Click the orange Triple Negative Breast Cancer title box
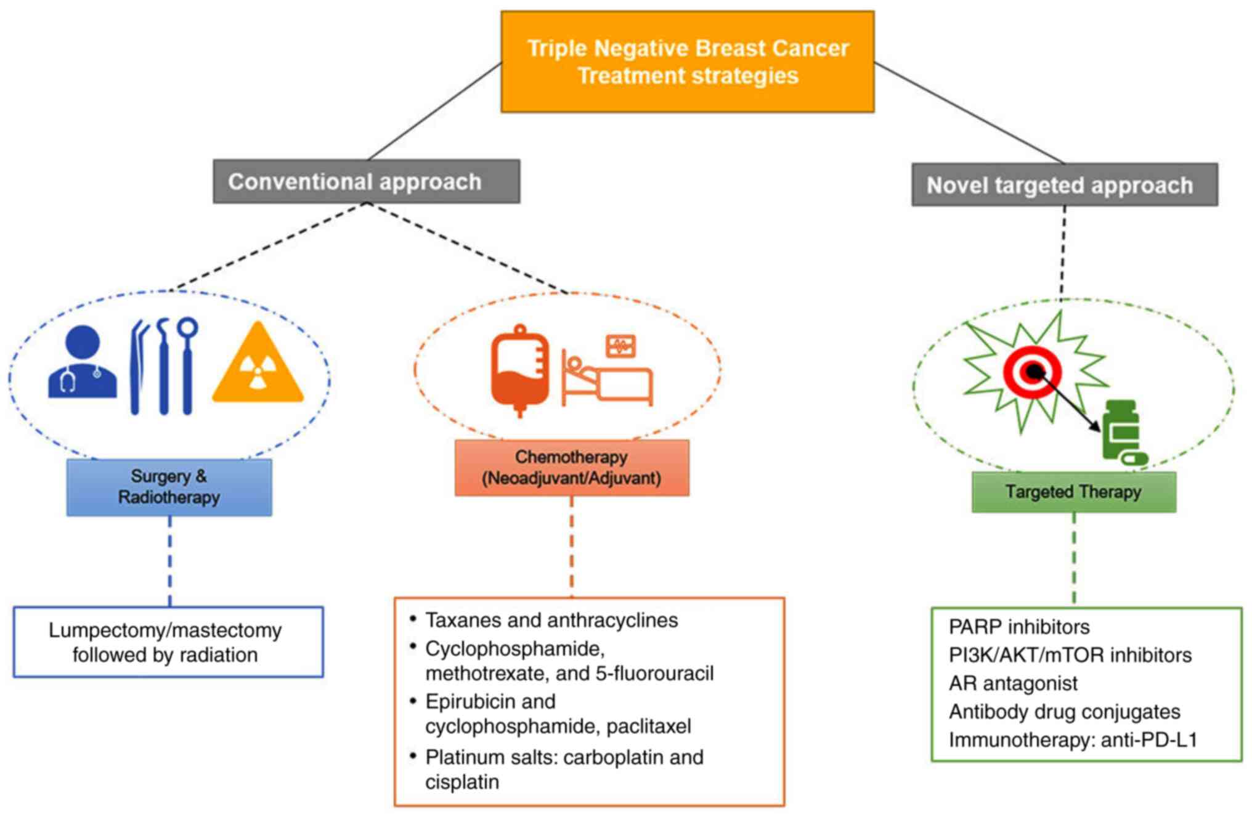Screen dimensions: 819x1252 (688, 62)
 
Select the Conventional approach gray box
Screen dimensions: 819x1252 (366, 182)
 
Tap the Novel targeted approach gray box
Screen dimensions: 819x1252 (1064, 185)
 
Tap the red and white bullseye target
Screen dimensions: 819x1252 (1032, 372)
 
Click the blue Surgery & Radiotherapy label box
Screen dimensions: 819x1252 (169, 487)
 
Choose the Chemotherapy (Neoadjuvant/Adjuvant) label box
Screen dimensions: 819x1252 (571, 468)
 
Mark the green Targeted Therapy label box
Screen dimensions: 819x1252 (1073, 492)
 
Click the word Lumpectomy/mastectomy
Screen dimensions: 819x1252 (165, 630)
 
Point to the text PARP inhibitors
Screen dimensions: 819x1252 (1019, 627)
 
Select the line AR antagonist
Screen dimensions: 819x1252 (1013, 683)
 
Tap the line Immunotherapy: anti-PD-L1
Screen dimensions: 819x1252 (1073, 740)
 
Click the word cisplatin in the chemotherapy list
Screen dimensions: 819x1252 (462, 782)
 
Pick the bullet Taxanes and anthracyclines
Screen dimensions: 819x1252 (551, 620)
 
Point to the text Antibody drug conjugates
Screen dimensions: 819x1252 (1064, 712)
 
